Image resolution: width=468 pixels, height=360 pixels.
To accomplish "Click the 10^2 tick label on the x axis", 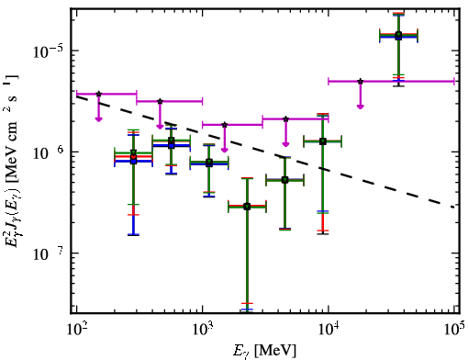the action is coord(76,330).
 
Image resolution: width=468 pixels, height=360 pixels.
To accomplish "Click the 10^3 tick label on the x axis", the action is coord(203,330).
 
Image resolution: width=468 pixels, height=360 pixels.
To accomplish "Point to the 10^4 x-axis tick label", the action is coord(329,330).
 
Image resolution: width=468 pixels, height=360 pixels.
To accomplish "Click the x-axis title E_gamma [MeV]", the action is coord(264,351).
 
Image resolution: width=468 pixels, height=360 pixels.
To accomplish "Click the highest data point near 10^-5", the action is coord(398,36).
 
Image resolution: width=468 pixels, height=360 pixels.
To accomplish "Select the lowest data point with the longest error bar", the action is coord(247,207).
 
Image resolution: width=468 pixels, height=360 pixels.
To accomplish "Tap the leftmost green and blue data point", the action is coord(133,157).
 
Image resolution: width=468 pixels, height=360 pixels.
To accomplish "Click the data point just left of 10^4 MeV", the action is coord(322,141).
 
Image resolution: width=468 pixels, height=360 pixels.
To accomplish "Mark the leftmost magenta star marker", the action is coord(98,94).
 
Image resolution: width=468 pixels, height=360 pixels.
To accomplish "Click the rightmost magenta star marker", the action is coord(361,82).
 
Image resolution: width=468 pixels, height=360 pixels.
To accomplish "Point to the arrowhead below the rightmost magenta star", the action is coord(361,107).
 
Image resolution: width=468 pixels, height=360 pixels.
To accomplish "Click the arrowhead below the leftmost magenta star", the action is coord(98,118).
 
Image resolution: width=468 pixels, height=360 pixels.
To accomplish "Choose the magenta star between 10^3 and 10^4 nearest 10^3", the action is coord(225,125).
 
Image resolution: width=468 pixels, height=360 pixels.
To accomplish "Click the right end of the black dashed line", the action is coord(454,208).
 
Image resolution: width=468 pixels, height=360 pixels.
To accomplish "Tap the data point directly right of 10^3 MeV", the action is coord(209,163).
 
